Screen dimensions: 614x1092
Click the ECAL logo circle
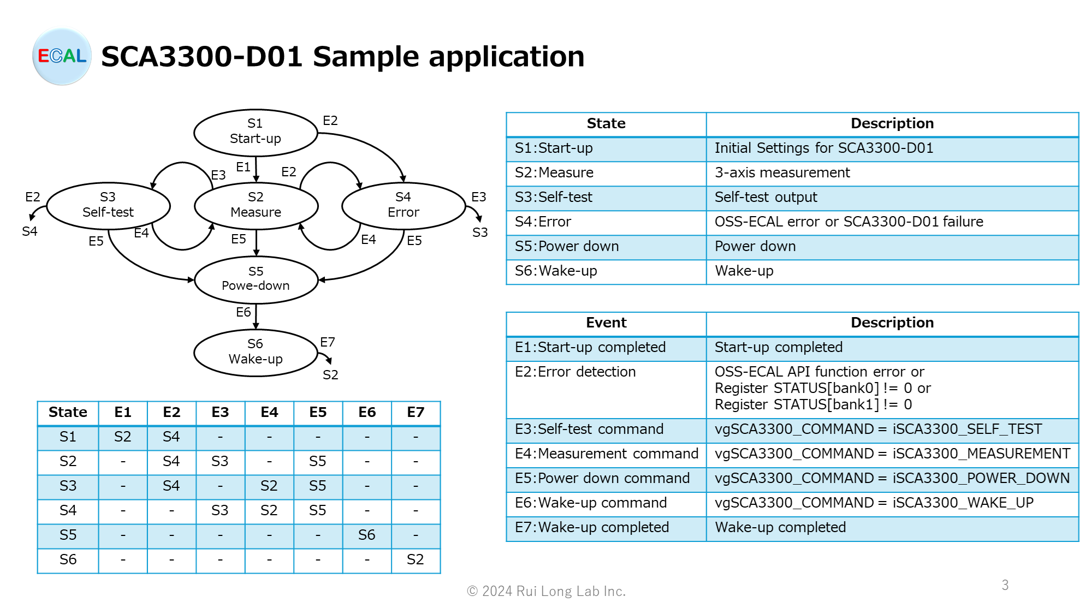coord(62,56)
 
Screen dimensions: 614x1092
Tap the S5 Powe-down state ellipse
coord(256,279)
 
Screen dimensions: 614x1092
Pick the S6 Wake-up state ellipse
coord(256,352)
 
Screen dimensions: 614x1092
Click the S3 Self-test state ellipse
coord(108,205)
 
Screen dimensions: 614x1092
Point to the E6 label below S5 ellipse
coord(244,312)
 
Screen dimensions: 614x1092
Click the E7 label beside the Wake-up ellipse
coord(328,342)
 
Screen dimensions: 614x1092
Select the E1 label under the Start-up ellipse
coord(244,167)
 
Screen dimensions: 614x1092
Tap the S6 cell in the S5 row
coord(366,535)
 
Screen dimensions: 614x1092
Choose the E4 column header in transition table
coord(269,413)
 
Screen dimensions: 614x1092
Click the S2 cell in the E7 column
coord(415,560)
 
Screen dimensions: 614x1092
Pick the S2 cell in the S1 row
coord(122,437)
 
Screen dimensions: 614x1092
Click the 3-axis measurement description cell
coord(782,173)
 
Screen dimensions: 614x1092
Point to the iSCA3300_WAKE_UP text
coord(963,503)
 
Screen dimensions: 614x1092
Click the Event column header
coord(606,323)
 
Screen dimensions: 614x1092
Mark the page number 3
coord(1005,585)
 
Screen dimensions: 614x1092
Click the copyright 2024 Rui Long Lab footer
coord(546,592)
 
